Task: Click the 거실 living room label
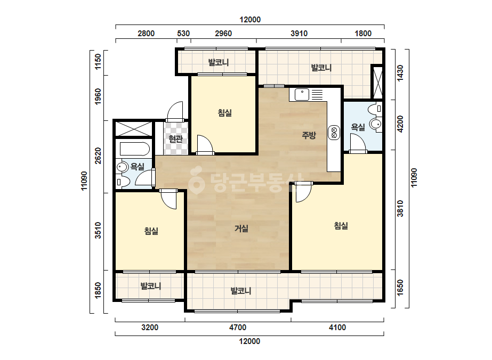click(x=241, y=228)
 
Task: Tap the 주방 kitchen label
click(x=309, y=135)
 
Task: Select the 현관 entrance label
click(x=175, y=138)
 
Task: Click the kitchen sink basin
click(x=302, y=94)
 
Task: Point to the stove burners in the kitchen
click(x=334, y=132)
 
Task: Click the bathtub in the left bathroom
click(x=135, y=149)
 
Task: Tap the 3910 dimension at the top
click(x=299, y=34)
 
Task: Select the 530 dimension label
click(x=183, y=34)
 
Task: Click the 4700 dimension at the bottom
click(x=238, y=328)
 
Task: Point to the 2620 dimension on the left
click(x=98, y=156)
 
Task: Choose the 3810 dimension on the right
click(x=400, y=209)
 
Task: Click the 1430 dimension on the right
click(x=400, y=73)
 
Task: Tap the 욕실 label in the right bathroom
click(x=358, y=127)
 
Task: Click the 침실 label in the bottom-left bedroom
click(x=151, y=231)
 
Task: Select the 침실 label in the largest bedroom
click(x=341, y=226)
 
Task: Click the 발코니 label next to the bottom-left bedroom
click(x=151, y=286)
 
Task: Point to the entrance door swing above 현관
click(x=175, y=112)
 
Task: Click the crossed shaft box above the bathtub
click(x=134, y=129)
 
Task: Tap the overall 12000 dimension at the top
click(x=250, y=20)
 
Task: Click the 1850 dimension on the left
click(x=98, y=291)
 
